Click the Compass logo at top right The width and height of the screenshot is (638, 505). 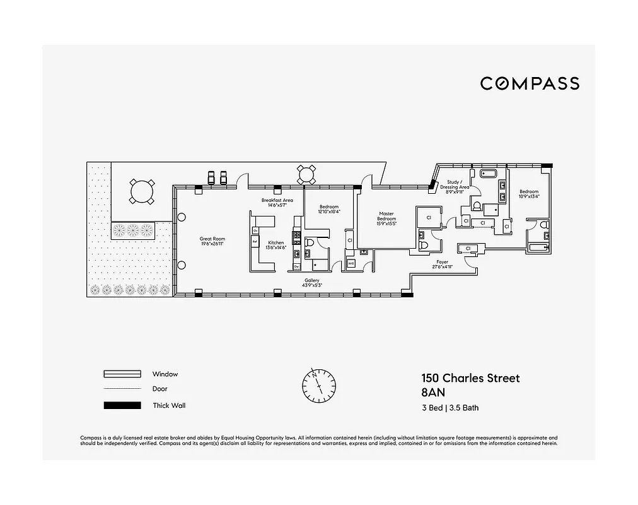pyautogui.click(x=530, y=83)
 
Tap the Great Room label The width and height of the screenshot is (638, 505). pyautogui.click(x=212, y=239)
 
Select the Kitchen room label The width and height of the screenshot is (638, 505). pyautogui.click(x=277, y=243)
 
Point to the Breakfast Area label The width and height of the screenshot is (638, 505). pyautogui.click(x=277, y=200)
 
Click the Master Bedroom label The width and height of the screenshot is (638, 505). pyautogui.click(x=386, y=217)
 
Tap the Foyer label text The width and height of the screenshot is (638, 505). pyautogui.click(x=442, y=261)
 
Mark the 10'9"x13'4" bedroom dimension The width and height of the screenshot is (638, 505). pyautogui.click(x=529, y=196)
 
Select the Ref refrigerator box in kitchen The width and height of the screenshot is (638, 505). pyautogui.click(x=255, y=241)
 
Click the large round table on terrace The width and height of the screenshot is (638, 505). pyautogui.click(x=141, y=191)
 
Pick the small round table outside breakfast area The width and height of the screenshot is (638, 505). pyautogui.click(x=306, y=174)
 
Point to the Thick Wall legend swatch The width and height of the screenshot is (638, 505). pyautogui.click(x=122, y=405)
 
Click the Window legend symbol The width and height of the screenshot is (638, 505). pyautogui.click(x=122, y=374)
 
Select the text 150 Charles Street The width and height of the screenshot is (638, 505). pyautogui.click(x=470, y=379)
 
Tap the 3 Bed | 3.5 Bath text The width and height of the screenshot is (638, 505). pyautogui.click(x=450, y=408)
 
